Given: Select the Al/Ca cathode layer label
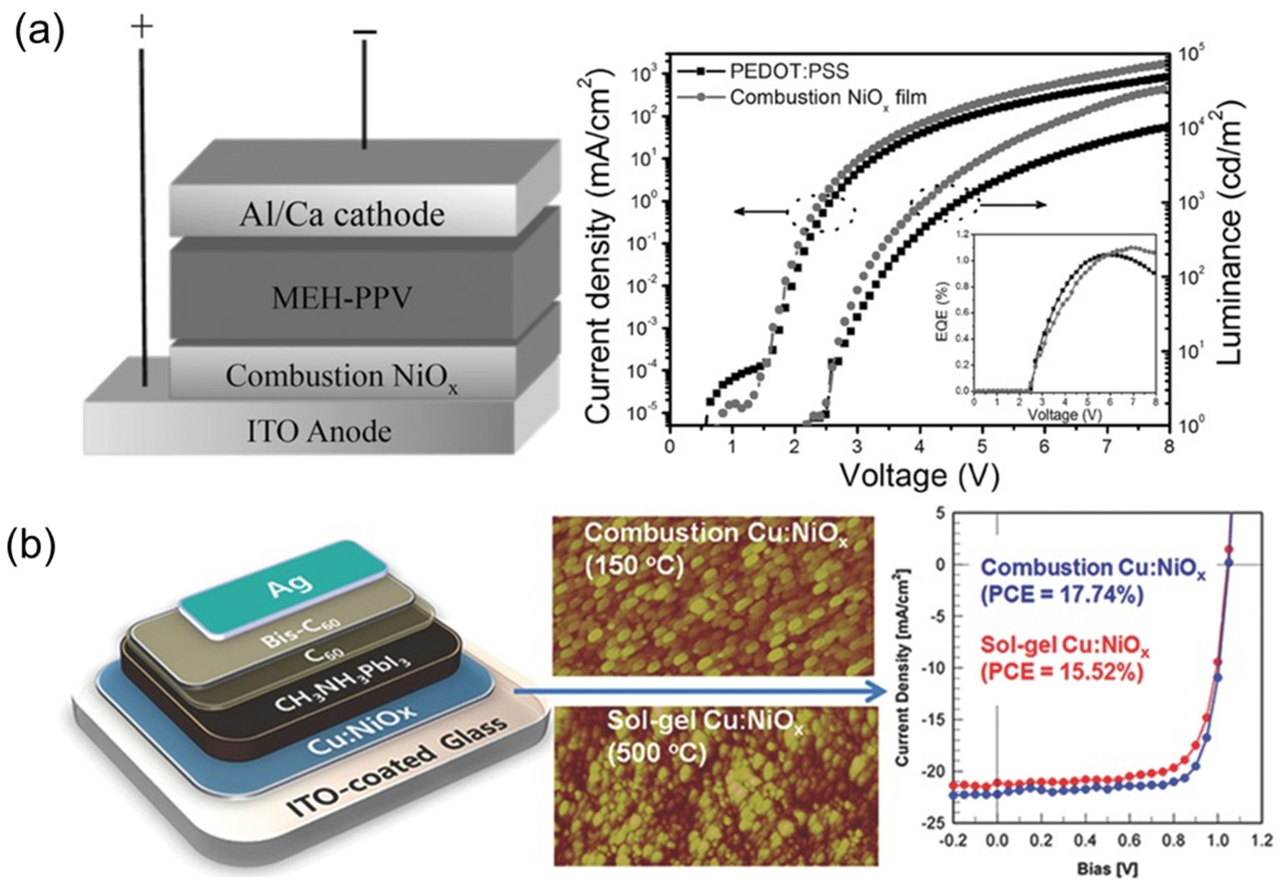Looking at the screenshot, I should click(x=342, y=215).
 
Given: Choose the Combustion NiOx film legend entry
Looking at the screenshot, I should click(x=828, y=97).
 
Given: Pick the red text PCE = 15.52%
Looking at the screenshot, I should click(x=1062, y=673).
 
